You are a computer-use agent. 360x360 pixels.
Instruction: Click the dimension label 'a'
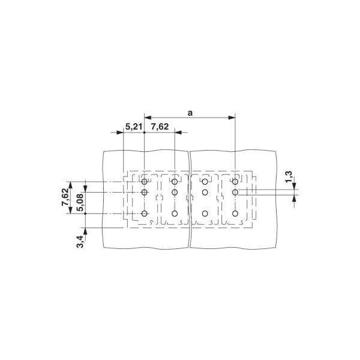point(190,112)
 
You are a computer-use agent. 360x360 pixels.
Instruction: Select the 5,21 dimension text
point(133,127)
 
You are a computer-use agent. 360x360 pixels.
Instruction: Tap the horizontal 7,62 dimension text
point(160,127)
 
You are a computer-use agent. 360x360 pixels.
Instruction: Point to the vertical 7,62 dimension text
point(65,197)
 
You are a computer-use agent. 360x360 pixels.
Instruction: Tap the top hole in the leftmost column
point(145,181)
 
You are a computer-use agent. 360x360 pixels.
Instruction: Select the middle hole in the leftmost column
point(145,192)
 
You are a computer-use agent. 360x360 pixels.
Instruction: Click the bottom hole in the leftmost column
point(145,214)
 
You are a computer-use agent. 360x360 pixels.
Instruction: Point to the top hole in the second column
point(175,181)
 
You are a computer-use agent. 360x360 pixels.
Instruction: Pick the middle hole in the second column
point(175,192)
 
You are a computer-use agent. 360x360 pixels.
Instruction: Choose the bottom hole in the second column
point(175,214)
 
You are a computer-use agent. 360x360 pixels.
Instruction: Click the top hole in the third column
point(205,181)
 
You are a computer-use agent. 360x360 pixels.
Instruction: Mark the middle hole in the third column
point(205,192)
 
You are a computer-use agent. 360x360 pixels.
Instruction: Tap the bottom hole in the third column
point(205,214)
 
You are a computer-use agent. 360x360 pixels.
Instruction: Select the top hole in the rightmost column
point(235,181)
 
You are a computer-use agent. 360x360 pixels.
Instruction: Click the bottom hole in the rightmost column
point(235,214)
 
